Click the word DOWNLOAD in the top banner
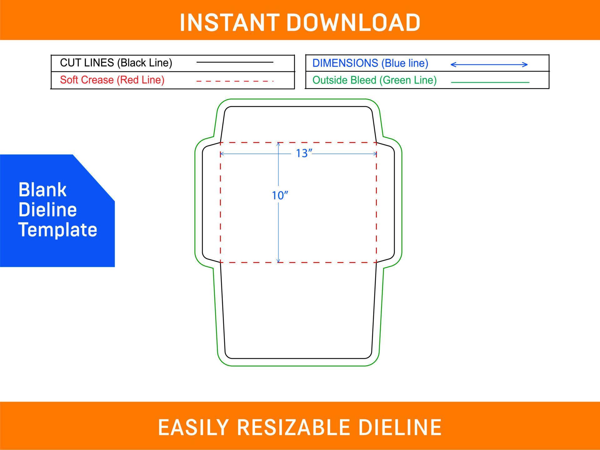[353, 23]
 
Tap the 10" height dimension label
[279, 196]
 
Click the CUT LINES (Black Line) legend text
[116, 63]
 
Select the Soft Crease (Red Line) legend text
[112, 80]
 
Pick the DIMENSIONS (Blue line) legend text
[370, 63]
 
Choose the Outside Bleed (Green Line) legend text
[374, 80]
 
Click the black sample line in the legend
[235, 62]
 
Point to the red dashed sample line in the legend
[235, 81]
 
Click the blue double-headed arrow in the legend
[489, 65]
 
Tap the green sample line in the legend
[490, 82]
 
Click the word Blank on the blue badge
[42, 190]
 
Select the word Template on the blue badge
[58, 230]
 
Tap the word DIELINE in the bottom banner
[400, 427]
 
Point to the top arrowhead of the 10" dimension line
[278, 144]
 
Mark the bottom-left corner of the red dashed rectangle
[221, 262]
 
